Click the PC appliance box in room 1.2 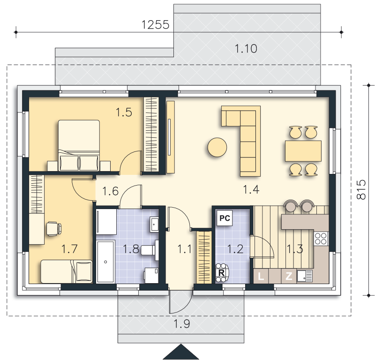(225, 218)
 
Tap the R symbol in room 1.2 (221, 273)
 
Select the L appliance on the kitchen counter (261, 276)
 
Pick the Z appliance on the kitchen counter (289, 276)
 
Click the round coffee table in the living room (217, 147)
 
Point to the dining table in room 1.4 (303, 151)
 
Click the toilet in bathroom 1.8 (150, 250)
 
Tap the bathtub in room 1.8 (105, 262)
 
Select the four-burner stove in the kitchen (321, 239)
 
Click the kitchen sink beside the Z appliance (304, 276)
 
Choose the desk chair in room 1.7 (53, 229)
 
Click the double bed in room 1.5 (79, 145)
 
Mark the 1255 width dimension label (155, 25)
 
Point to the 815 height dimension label (361, 190)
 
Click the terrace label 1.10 (246, 49)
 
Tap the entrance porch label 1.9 (181, 324)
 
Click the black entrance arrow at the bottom (181, 352)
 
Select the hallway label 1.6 (110, 191)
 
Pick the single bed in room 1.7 (66, 271)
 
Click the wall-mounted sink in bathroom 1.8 (154, 225)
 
